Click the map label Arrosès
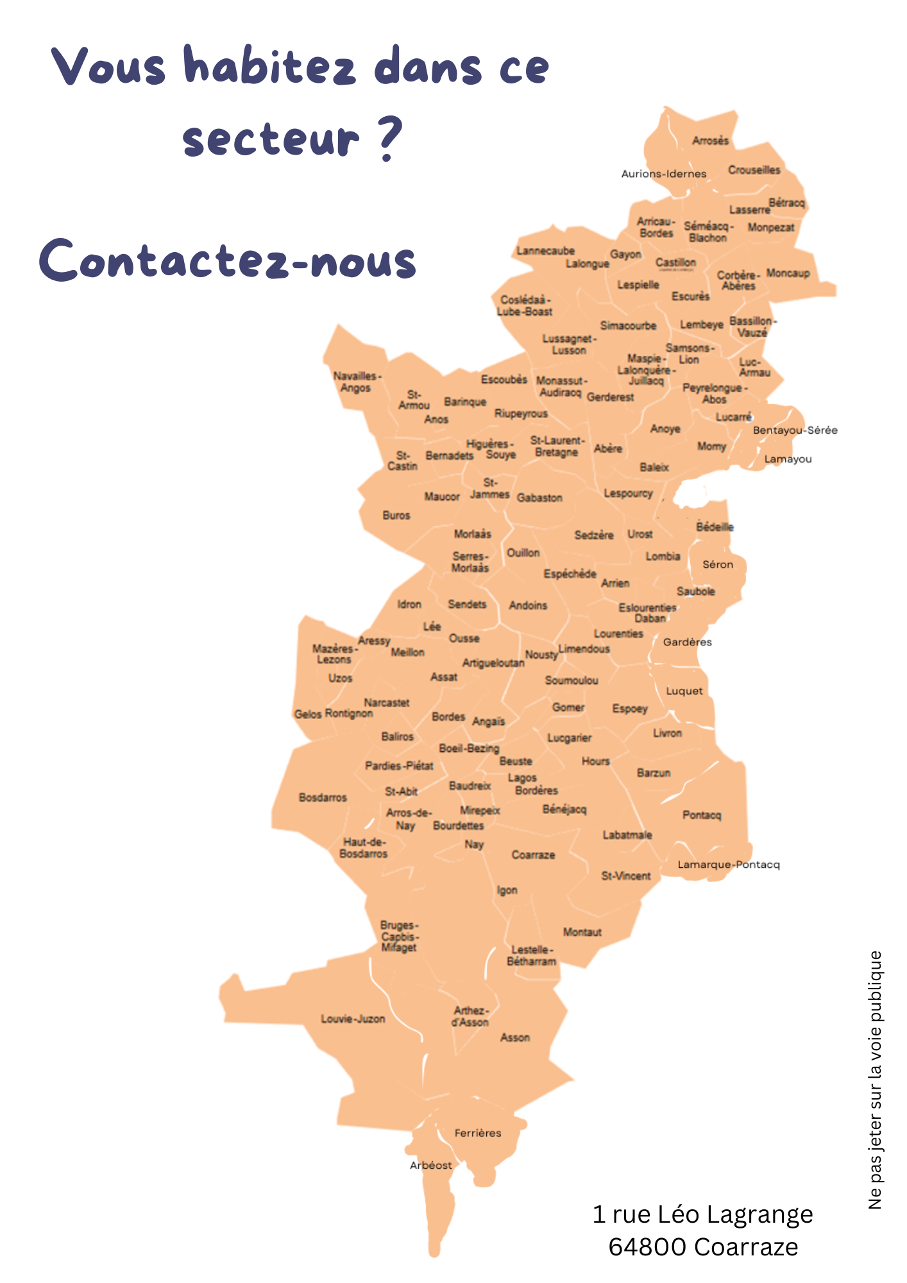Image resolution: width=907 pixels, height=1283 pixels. pyautogui.click(x=710, y=140)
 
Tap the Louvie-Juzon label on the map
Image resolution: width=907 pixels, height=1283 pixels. pyautogui.click(x=353, y=1019)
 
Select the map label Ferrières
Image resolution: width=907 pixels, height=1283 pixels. pyautogui.click(x=478, y=1133)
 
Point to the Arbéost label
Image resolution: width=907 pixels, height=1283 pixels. pyautogui.click(x=431, y=1165)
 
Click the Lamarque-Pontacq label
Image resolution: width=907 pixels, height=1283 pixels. pyautogui.click(x=729, y=864)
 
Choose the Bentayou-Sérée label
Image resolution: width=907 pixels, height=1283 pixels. pyautogui.click(x=795, y=430)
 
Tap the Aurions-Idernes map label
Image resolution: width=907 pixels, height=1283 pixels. pyautogui.click(x=664, y=173)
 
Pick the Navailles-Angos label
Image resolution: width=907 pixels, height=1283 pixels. pyautogui.click(x=357, y=382)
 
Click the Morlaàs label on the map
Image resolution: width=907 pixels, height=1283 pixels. pyautogui.click(x=472, y=534)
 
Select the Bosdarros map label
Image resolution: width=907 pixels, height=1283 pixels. pyautogui.click(x=323, y=797)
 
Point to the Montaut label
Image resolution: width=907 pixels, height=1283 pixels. pyautogui.click(x=582, y=931)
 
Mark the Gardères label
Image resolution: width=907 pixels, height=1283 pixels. pyautogui.click(x=687, y=641)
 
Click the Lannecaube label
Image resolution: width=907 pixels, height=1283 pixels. pyautogui.click(x=546, y=251)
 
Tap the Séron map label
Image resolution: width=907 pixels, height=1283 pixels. pyautogui.click(x=718, y=565)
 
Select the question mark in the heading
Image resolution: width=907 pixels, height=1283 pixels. pyautogui.click(x=388, y=137)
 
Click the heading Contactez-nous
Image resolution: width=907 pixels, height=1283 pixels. pyautogui.click(x=228, y=260)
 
